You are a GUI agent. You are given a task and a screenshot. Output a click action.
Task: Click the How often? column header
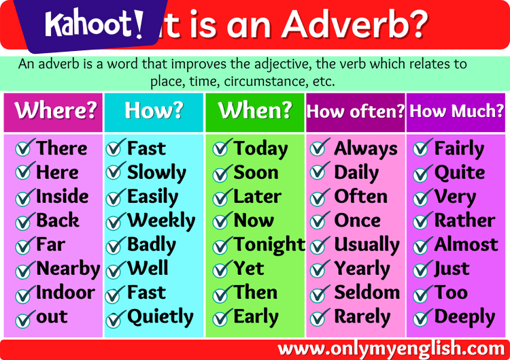[356, 111]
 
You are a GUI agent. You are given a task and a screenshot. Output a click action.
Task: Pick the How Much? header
[457, 111]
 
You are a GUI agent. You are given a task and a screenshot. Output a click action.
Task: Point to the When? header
[254, 110]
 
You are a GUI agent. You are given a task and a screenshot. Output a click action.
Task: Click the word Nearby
[68, 269]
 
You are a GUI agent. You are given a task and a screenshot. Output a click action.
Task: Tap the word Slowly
[156, 173]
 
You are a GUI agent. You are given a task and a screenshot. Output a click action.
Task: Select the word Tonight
[269, 244]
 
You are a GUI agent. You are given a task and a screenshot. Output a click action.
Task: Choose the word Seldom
[367, 293]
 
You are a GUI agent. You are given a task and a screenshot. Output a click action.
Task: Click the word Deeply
[464, 317]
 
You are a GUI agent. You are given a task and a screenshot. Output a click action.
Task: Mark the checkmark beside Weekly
[116, 222]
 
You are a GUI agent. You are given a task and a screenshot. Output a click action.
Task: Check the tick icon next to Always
[320, 149]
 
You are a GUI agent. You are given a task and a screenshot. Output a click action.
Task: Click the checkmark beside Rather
[423, 222]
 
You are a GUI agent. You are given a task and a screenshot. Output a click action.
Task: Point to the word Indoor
[65, 293]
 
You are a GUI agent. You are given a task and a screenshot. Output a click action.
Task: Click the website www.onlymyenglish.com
[392, 348]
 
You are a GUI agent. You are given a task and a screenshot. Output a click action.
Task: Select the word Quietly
[160, 317]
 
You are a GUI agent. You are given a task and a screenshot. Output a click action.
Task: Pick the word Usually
[367, 245]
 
